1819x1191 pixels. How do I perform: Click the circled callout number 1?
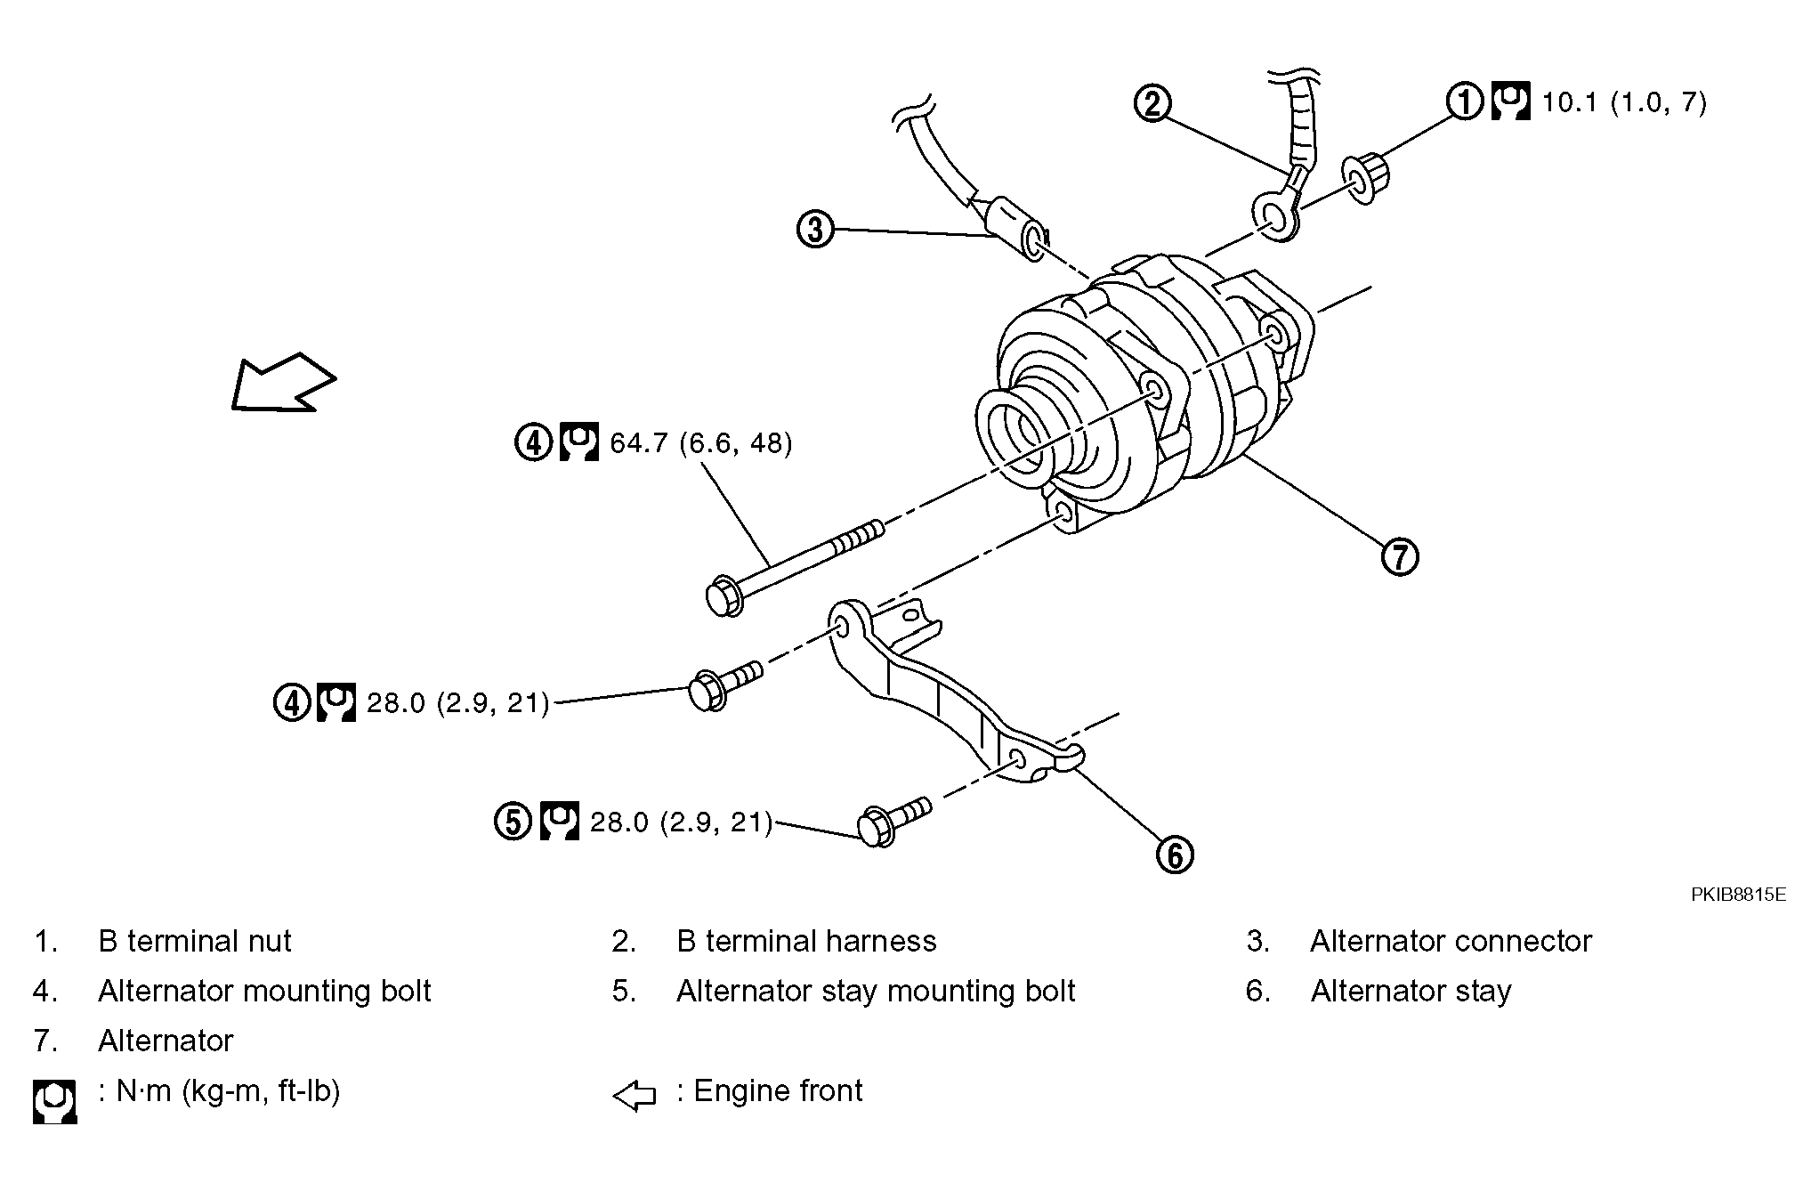tap(1465, 101)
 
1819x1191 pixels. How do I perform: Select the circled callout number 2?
tap(1152, 103)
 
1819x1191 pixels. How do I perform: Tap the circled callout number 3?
tap(815, 230)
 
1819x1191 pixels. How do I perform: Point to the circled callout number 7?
tap(1400, 557)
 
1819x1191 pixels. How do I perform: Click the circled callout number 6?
tap(1175, 855)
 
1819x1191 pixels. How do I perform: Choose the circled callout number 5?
tap(513, 821)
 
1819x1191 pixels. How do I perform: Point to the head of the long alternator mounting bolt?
tap(724, 596)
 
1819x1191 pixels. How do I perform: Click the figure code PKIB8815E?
tap(1738, 895)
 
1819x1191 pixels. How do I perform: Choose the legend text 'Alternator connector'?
tap(1451, 941)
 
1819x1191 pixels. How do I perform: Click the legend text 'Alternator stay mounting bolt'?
tap(876, 991)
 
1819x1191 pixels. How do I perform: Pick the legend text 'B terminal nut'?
tap(195, 941)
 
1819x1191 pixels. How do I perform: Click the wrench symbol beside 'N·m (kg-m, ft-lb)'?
tap(54, 1102)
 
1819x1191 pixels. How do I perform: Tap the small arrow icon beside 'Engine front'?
tap(635, 1096)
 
